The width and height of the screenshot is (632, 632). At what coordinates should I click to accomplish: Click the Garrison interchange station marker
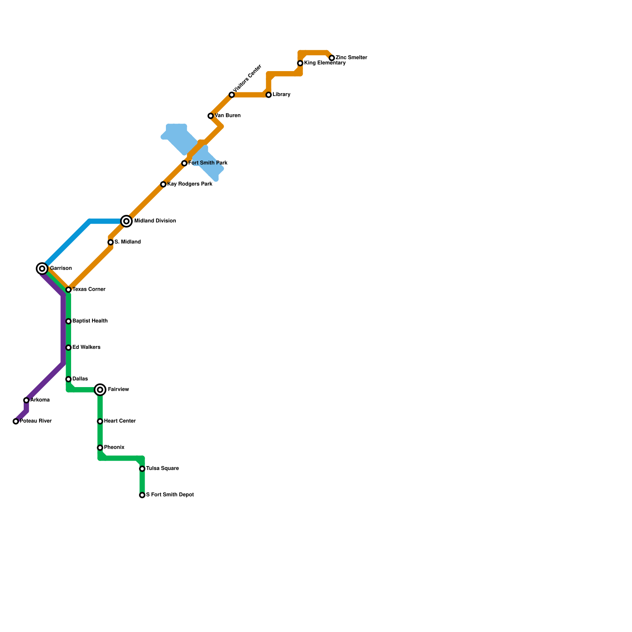pos(42,269)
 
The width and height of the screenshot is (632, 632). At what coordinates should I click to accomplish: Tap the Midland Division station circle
pos(126,221)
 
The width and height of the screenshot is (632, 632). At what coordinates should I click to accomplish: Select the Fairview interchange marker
pos(100,390)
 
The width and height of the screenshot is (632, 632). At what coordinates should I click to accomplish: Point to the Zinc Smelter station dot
pos(332,58)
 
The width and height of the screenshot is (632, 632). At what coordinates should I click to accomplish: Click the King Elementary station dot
pos(300,63)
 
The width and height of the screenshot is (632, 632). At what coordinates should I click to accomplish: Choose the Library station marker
pos(269,95)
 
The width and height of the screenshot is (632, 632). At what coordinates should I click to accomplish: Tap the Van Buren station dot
pos(211,116)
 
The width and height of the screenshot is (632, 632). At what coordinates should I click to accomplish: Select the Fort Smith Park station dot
pos(184,163)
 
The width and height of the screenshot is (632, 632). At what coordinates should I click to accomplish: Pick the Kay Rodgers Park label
pos(190,184)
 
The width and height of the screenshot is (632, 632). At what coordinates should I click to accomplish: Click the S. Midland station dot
pos(111,242)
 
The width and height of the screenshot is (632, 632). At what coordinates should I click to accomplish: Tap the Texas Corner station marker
pos(68,290)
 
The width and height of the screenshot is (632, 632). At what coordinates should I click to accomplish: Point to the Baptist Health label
pos(90,321)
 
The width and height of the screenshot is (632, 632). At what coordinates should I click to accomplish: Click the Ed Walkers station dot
pos(68,348)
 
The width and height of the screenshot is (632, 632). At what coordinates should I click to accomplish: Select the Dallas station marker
pos(68,379)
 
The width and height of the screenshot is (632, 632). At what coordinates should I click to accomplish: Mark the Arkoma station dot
pos(26,400)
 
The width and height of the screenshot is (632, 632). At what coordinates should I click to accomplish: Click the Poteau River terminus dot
pos(16,421)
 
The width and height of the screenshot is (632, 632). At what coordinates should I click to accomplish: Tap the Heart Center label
pos(120,421)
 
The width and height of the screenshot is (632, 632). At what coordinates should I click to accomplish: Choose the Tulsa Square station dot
pos(142,469)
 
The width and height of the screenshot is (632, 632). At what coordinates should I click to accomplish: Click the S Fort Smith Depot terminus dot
pos(142,495)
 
